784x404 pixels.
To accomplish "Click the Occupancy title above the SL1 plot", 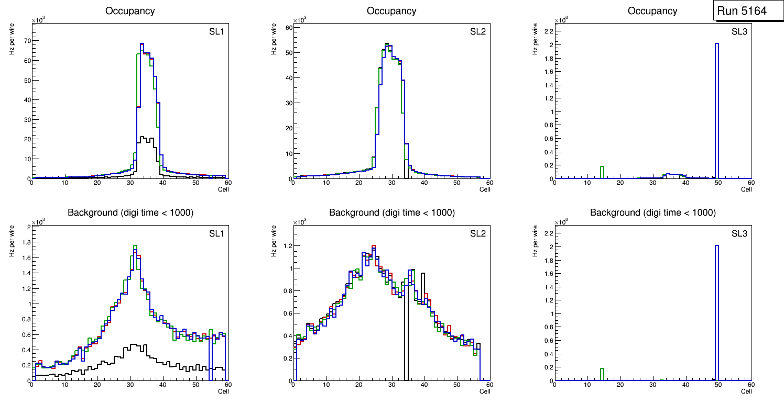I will click(x=130, y=11).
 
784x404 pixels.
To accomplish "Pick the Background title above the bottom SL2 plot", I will click(x=391, y=213).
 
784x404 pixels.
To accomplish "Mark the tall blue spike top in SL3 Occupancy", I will click(x=717, y=44).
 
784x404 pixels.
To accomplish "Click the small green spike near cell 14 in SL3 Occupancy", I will click(x=602, y=167).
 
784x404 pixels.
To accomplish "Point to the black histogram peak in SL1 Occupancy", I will click(x=143, y=137).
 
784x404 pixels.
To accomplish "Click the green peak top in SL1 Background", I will click(x=135, y=245).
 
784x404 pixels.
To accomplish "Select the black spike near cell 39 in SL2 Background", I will click(x=422, y=274).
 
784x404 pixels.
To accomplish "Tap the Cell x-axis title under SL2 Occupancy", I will click(x=485, y=189).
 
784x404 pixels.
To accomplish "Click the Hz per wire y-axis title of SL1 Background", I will click(x=11, y=241).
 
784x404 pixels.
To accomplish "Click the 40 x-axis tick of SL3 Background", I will click(x=685, y=385).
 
